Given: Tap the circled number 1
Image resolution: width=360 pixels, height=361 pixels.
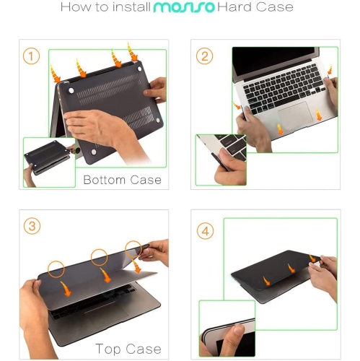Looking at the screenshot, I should click(x=31, y=56).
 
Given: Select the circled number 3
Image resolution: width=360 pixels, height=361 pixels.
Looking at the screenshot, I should click(x=31, y=227).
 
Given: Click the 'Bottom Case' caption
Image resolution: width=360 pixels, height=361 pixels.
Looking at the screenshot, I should click(x=122, y=179).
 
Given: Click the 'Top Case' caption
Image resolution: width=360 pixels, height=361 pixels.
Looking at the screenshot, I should click(x=128, y=349).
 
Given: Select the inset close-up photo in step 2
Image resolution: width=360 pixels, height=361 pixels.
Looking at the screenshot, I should click(x=221, y=160).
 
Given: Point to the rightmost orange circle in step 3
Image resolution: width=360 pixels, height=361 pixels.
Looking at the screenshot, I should click(x=133, y=249).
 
